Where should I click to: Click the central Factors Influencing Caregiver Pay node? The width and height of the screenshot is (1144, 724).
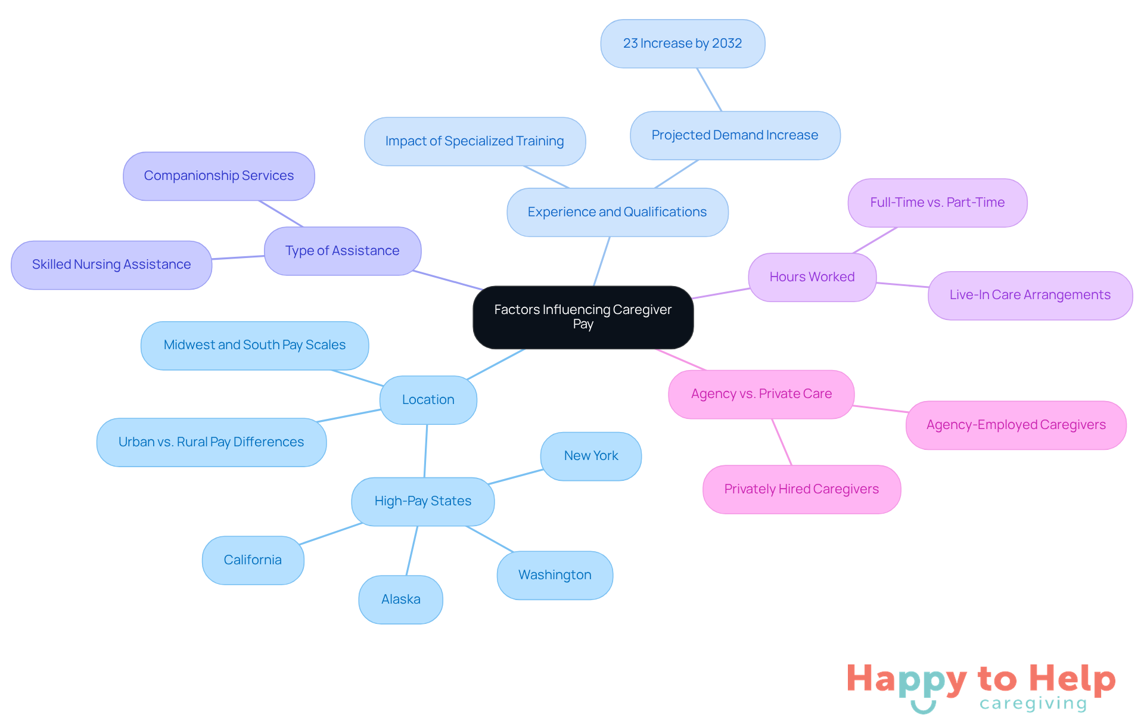point(583,317)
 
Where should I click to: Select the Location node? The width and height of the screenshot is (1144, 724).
point(428,400)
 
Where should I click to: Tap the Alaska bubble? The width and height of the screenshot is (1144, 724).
point(400,599)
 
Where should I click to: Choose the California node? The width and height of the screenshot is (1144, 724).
point(253,560)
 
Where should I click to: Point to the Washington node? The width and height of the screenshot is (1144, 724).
point(555,575)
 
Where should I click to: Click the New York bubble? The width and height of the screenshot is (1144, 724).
point(590,456)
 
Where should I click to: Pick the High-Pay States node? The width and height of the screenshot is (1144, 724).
point(422,501)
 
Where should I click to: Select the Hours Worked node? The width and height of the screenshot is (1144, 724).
point(812,277)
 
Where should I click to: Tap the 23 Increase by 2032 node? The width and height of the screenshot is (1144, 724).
point(682,43)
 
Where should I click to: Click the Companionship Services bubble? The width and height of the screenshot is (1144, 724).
point(219,176)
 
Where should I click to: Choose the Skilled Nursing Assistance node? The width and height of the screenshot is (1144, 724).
point(111,265)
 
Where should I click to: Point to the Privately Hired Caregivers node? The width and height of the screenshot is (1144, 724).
point(801,489)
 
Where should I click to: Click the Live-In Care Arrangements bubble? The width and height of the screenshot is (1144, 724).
point(1030,295)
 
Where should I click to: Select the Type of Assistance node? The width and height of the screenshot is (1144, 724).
point(342,251)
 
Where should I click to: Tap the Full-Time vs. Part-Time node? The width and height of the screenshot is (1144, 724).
point(937,203)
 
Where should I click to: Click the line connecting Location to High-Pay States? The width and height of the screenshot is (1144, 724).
point(425,450)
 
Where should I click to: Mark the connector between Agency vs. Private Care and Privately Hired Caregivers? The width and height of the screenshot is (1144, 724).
point(782,442)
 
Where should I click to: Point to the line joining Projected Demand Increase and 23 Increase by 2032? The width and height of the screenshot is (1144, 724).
point(709,89)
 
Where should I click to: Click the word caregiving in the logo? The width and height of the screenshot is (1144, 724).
point(1033,704)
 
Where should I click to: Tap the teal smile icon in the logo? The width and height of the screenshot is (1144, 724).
point(923,707)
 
